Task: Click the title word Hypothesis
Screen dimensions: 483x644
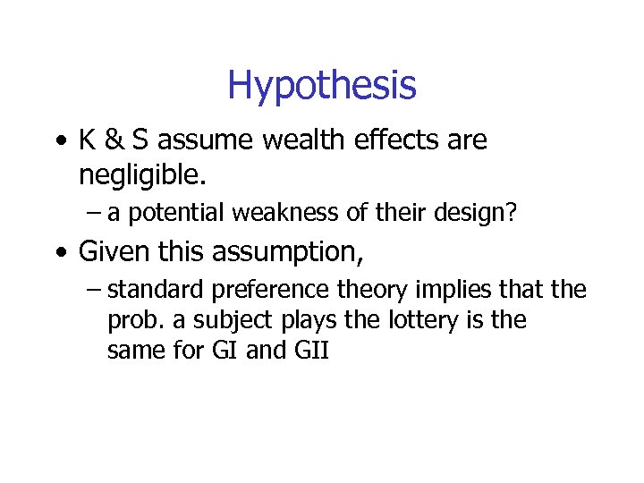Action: (x=321, y=86)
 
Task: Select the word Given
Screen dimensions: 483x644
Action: (x=114, y=252)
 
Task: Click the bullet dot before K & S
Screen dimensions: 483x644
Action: (x=58, y=141)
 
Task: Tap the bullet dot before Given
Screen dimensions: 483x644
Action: (x=58, y=253)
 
